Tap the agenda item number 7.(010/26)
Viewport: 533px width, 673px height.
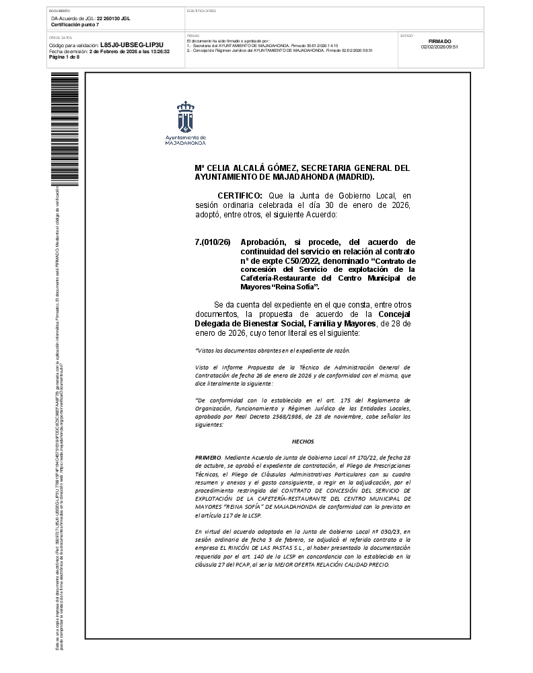[213, 242]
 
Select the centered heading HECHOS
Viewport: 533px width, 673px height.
[303, 441]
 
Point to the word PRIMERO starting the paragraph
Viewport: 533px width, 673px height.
[207, 457]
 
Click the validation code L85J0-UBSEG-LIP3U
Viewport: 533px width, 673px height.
[132, 45]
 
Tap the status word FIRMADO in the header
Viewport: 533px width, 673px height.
[439, 41]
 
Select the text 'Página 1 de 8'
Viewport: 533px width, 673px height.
[65, 57]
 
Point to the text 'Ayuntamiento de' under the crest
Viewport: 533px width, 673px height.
[185, 137]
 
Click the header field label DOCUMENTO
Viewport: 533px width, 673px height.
[59, 11]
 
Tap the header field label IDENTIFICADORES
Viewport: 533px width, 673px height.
[201, 11]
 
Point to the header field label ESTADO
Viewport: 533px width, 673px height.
[406, 35]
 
